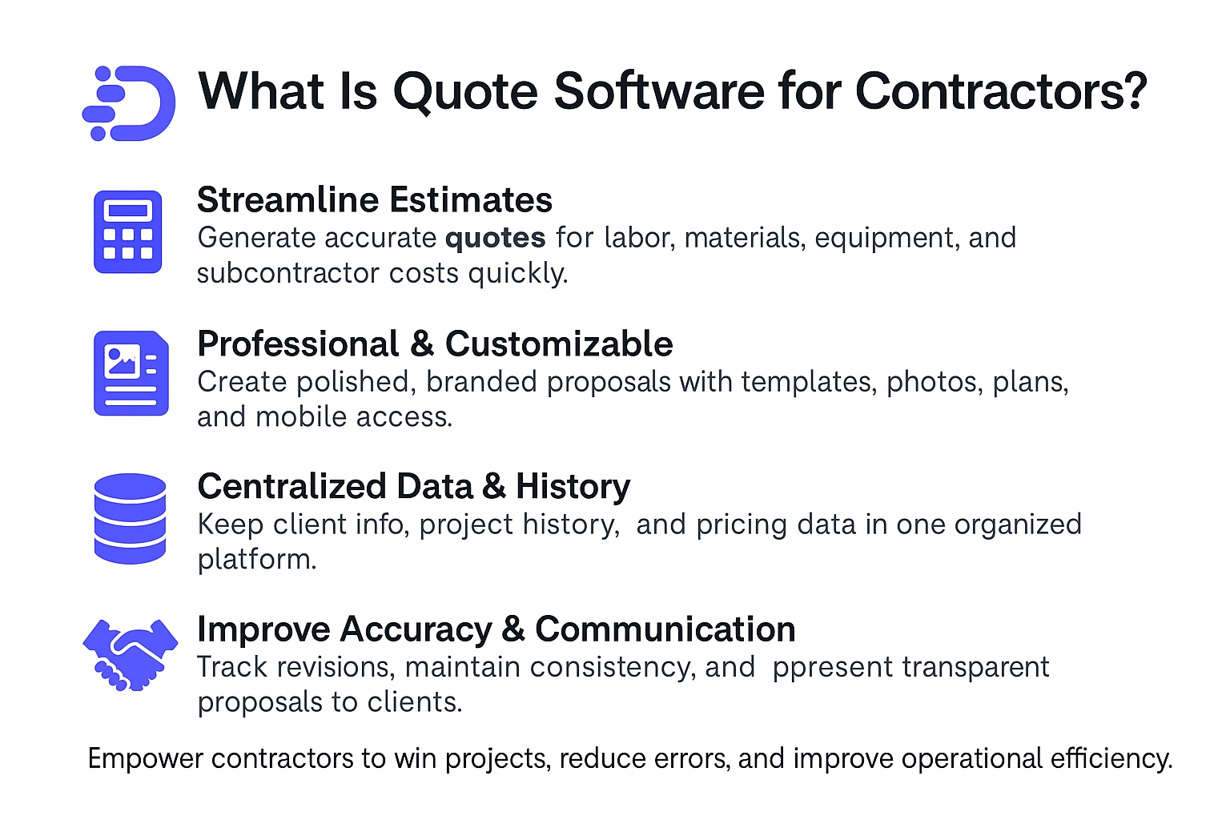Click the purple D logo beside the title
pos(130,103)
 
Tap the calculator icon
pos(128,231)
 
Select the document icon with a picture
pos(131,373)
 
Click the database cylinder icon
pos(130,518)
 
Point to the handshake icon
pos(130,653)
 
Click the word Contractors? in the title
pos(1001,91)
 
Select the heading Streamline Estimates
pos(374,200)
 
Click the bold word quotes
pos(495,238)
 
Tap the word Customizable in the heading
pos(559,344)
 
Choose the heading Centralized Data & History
pos(413,487)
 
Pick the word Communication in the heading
pos(665,629)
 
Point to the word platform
pos(256,560)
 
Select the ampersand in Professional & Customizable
pos(421,344)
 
